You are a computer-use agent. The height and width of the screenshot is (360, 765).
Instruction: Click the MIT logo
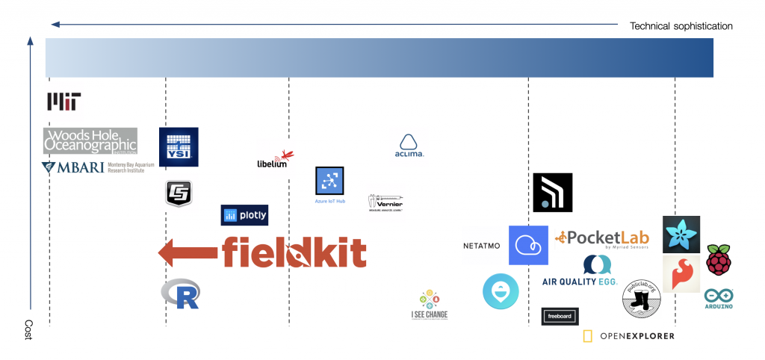tap(64, 102)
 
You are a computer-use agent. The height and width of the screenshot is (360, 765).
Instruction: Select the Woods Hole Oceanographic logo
tap(90, 140)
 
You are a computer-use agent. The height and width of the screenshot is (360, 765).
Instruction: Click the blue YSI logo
tap(179, 146)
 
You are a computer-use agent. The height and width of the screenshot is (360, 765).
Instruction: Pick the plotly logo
tap(244, 215)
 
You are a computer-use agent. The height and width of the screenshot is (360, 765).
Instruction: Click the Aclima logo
tap(409, 146)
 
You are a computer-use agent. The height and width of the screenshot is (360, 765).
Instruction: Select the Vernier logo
tap(386, 202)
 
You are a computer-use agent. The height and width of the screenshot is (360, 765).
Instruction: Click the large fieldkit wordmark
tap(294, 252)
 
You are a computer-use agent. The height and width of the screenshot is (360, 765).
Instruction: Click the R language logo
tap(181, 294)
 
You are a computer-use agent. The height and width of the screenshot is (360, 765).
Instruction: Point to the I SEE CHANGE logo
tap(430, 305)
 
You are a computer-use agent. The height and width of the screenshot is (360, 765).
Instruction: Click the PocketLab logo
tap(602, 238)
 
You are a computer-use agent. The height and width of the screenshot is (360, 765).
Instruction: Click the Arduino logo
tap(718, 299)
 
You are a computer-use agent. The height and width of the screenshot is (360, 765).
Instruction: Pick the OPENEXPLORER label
tap(628, 336)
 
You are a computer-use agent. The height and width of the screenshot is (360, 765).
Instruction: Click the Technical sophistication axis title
tap(681, 26)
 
